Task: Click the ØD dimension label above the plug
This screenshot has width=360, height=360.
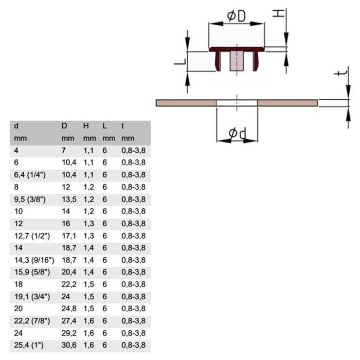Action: pos(236,16)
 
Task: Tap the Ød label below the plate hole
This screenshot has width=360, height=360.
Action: pos(238,133)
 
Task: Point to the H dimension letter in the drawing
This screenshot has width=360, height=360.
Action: pos(278,13)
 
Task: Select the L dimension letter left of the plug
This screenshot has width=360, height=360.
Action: pos(180,62)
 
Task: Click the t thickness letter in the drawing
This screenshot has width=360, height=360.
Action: pos(341,73)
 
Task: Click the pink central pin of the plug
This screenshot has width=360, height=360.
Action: pos(237,61)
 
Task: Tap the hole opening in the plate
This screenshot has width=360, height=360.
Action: pos(237,103)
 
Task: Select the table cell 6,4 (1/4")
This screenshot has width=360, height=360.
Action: pos(30,175)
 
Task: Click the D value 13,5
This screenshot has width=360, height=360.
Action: pos(69,200)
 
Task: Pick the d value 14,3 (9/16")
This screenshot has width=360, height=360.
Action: pos(34,260)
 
